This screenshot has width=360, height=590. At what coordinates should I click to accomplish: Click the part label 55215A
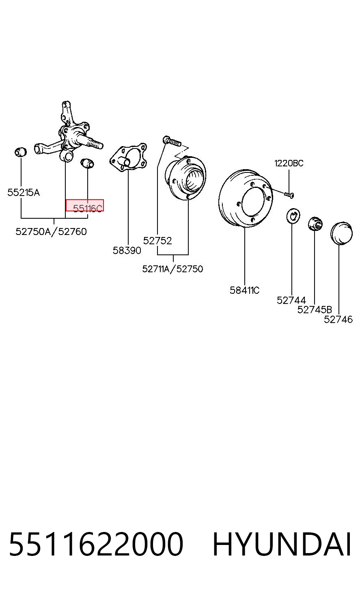24,192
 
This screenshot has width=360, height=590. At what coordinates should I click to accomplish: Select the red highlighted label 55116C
84,205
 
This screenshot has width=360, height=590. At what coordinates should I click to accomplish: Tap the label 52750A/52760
51,232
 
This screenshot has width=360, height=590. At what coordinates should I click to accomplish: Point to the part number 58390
127,250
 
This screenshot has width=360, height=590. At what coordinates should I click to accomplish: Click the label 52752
157,241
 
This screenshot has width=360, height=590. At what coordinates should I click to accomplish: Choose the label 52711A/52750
172,269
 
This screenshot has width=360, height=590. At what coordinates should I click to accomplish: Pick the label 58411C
245,290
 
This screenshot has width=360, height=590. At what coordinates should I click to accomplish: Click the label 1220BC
289,163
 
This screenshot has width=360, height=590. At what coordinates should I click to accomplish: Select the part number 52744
291,300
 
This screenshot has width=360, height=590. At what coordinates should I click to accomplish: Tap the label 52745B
315,310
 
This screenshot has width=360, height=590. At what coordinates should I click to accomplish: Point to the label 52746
338,319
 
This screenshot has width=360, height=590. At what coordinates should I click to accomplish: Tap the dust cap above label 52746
341,233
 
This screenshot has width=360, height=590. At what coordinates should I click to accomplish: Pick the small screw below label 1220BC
289,195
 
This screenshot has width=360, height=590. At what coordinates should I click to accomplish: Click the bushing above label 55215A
20,152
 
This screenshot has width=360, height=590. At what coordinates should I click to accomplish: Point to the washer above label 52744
293,215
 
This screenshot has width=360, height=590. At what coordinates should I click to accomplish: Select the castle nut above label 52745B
315,224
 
